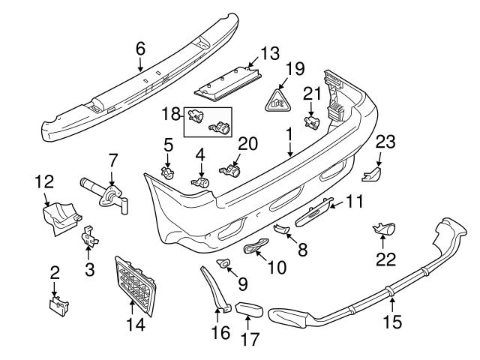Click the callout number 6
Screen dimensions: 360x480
point(139,47)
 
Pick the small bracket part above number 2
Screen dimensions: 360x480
point(57,305)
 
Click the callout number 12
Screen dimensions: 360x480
point(45,181)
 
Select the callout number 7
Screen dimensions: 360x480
point(112,160)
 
